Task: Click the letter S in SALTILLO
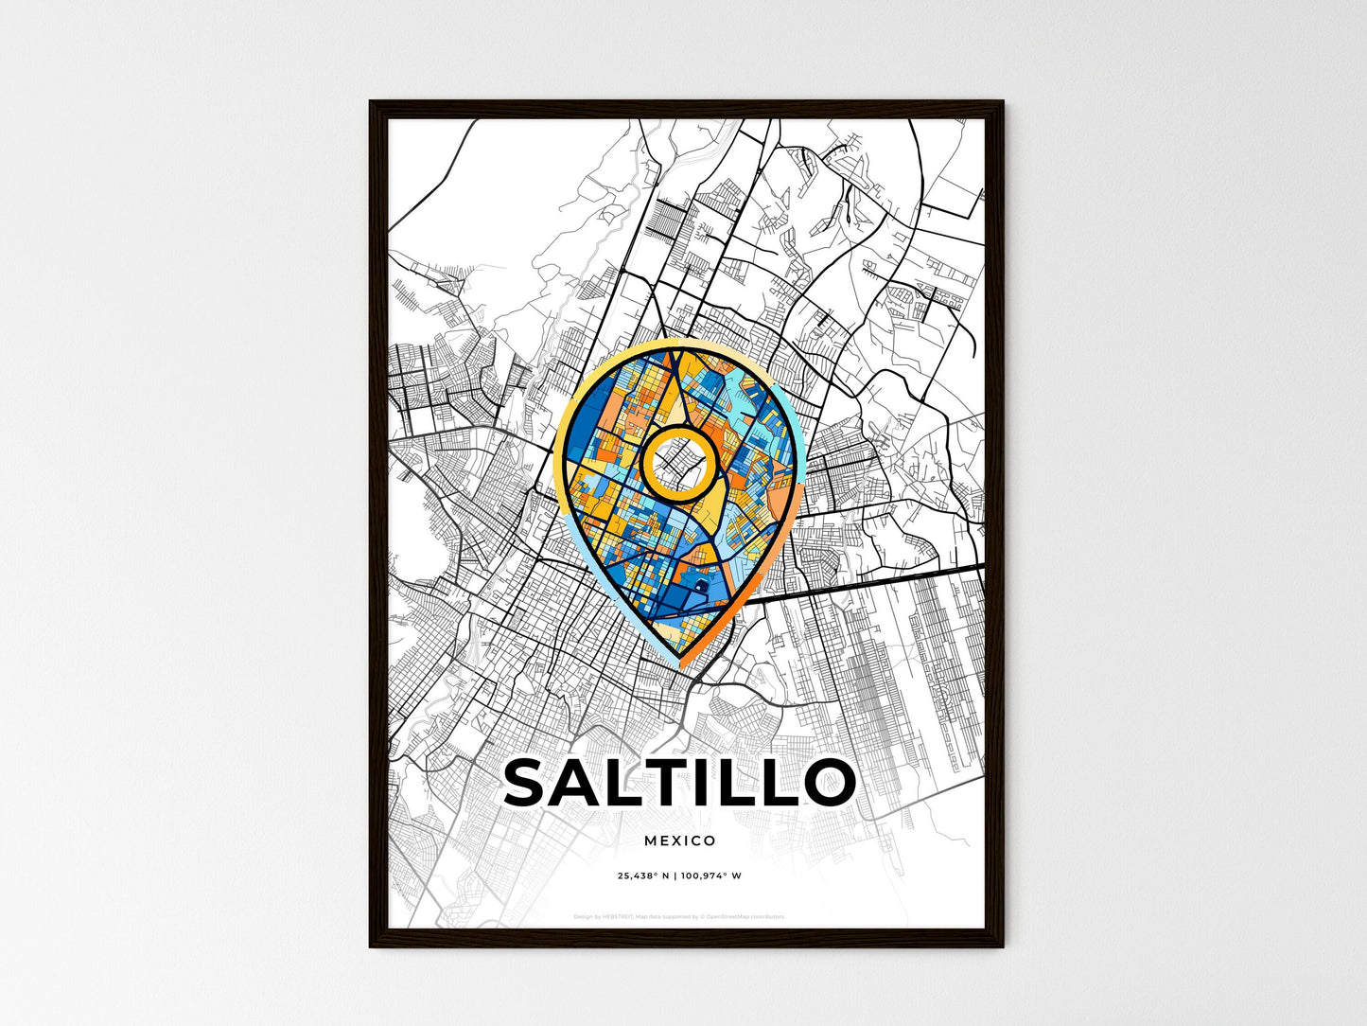(x=531, y=782)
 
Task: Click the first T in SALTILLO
(x=676, y=782)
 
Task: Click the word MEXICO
(x=679, y=840)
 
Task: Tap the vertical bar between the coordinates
(x=675, y=876)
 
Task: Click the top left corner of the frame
(x=371, y=102)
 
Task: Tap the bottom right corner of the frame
(x=1002, y=946)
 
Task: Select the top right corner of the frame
(x=1002, y=102)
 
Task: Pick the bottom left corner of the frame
(x=371, y=946)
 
